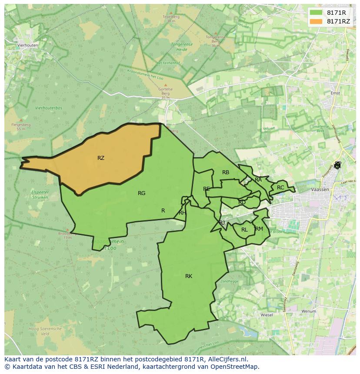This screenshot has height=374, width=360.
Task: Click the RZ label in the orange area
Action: tap(101, 158)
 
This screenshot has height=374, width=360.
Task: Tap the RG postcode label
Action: tap(141, 193)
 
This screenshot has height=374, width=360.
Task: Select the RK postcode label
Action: tap(189, 276)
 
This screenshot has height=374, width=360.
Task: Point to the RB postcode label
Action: tap(226, 172)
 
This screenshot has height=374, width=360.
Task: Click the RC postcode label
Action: tap(280, 188)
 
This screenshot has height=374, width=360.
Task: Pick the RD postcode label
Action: tap(242, 202)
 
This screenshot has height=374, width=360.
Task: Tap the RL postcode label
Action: tap(244, 230)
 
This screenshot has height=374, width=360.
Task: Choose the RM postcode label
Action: tap(259, 229)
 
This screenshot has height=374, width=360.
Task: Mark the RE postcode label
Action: tap(207, 189)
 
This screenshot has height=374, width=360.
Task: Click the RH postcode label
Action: tap(182, 213)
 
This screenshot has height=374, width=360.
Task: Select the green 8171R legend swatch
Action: tap(316, 13)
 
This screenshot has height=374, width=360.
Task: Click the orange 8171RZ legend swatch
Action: tap(316, 21)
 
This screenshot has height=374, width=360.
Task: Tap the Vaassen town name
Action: tap(320, 190)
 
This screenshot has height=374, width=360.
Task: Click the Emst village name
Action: tap(335, 93)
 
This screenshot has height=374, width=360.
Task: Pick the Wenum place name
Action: tap(308, 311)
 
